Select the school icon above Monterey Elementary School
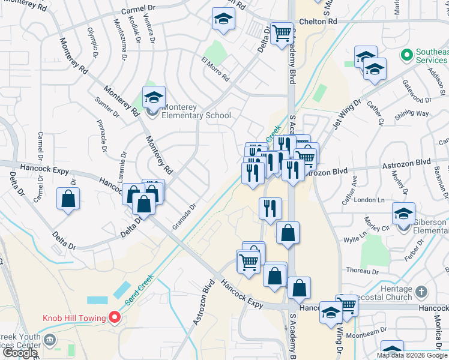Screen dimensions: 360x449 (154, 97)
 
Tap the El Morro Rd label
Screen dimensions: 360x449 (215, 68)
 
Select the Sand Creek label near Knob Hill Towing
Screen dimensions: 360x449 (139, 289)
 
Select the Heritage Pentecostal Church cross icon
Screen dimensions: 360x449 (421, 292)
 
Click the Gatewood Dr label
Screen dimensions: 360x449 (417, 100)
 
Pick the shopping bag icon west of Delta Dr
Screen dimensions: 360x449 (68, 199)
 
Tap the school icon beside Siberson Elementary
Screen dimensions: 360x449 (403, 214)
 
